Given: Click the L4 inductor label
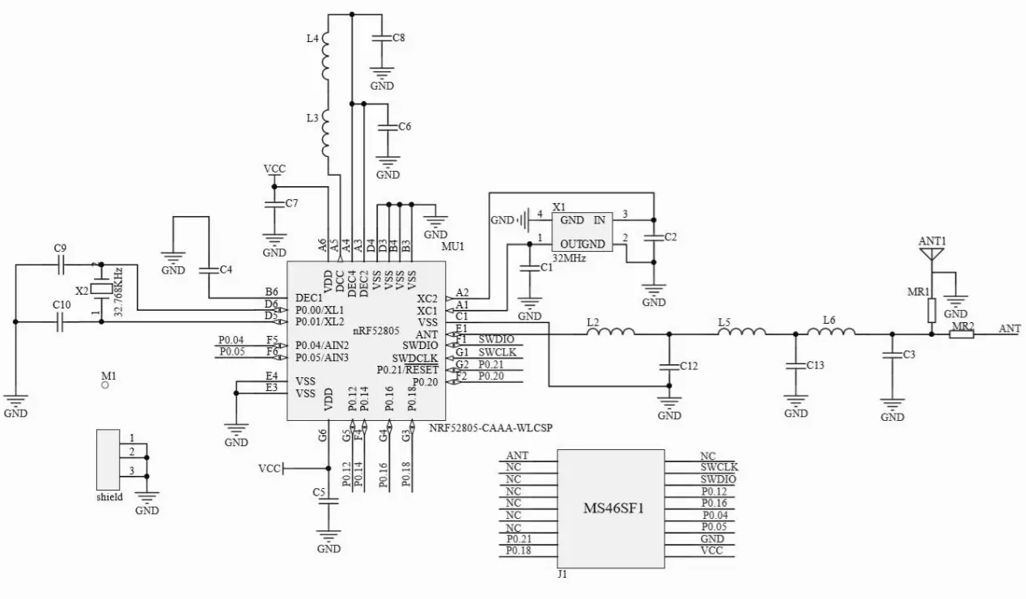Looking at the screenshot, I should click(312, 39).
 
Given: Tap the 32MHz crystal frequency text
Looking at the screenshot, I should click(569, 258).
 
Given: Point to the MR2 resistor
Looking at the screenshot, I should click(961, 333).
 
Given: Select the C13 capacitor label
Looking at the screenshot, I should click(815, 365).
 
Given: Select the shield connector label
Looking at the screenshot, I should click(109, 497).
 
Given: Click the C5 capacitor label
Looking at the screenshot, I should click(319, 491).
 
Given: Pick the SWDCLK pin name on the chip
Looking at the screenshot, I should click(415, 358).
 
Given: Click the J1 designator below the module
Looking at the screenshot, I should click(562, 575).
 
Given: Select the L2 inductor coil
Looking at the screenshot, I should click(612, 332).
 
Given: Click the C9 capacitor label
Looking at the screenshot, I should click(59, 248).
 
